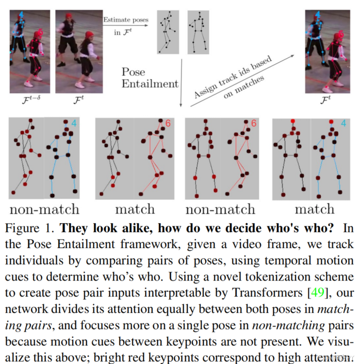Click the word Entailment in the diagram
[x=149, y=83]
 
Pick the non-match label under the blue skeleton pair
[x=44, y=210]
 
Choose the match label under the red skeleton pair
[x=135, y=210]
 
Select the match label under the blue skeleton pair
[x=315, y=210]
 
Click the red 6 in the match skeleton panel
[x=168, y=124]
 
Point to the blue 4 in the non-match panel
[x=74, y=123]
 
